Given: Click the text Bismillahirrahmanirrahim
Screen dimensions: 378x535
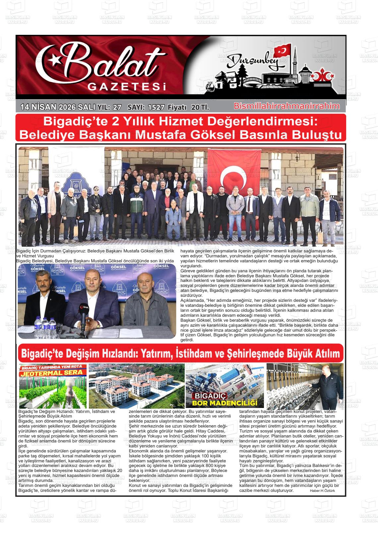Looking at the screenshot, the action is (287, 106).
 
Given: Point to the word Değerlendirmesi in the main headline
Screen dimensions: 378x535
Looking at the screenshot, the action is (259, 122).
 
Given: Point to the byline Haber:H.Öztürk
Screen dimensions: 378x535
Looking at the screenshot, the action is (322, 491).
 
